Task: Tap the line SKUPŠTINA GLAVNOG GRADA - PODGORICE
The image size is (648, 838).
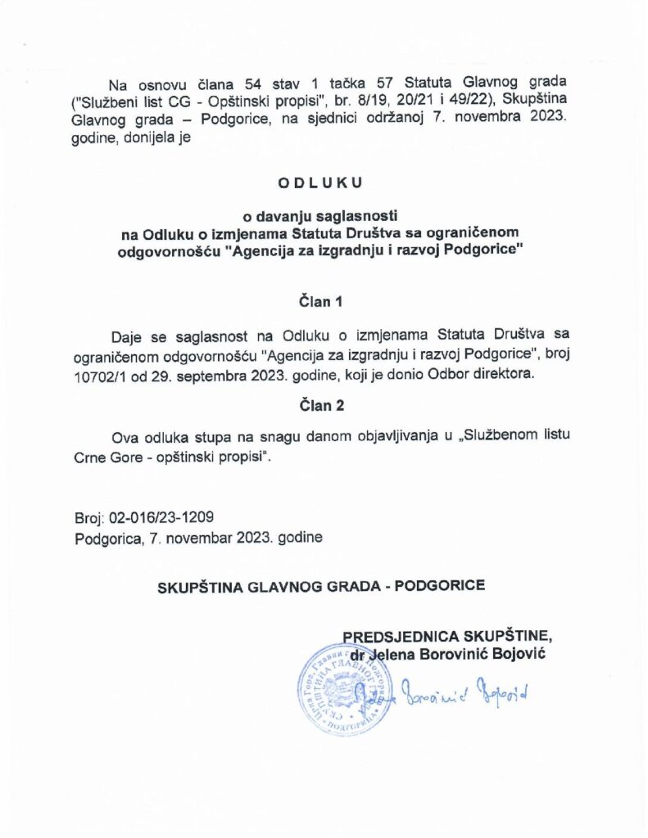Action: click(321, 585)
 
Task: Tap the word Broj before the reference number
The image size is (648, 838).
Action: click(88, 518)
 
